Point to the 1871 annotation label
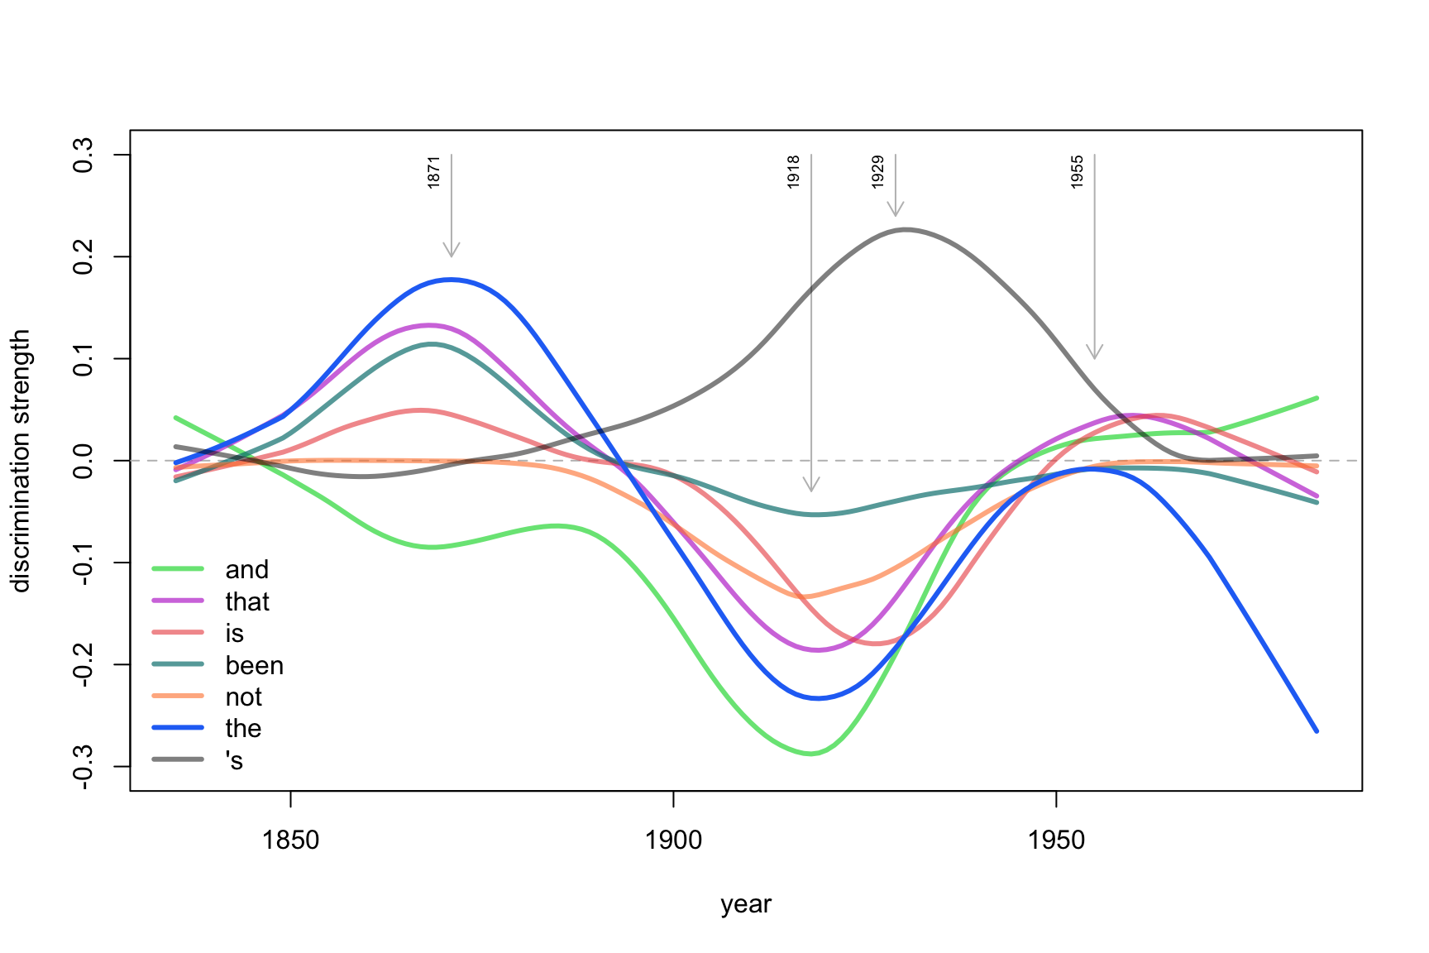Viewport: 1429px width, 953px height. point(434,172)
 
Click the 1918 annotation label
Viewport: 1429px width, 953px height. point(794,172)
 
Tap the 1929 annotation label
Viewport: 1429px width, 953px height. point(878,172)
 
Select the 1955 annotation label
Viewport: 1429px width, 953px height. point(1078,172)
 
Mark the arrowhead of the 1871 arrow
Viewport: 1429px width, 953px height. point(452,253)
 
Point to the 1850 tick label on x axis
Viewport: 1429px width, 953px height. point(290,840)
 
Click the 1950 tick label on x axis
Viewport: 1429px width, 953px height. point(1056,840)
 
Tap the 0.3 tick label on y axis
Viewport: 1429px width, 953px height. point(84,155)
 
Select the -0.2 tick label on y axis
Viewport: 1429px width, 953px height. point(84,664)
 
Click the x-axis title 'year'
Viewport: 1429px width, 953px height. point(746,904)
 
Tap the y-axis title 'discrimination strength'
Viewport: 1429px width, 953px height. point(22,461)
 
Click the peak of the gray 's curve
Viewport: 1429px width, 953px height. point(906,229)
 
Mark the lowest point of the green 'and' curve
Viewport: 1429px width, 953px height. point(811,754)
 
